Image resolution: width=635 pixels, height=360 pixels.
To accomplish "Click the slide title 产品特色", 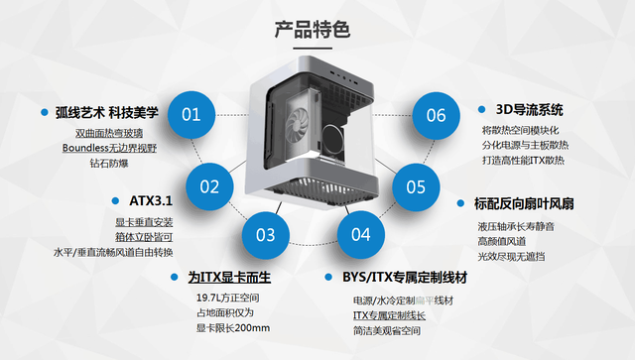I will tap(317, 30).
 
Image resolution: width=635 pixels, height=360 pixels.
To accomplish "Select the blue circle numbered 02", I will tap(209, 185).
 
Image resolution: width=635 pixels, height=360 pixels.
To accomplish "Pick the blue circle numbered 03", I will tap(265, 235).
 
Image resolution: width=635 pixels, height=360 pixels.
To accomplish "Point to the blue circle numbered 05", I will tap(415, 185).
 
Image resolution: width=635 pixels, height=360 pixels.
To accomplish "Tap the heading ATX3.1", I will tap(130, 200).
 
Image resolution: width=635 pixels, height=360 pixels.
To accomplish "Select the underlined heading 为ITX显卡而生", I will tap(229, 278).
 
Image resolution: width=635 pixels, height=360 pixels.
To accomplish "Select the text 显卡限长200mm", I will tap(233, 328).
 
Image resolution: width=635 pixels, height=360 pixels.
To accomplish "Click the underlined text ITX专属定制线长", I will tap(389, 315).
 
